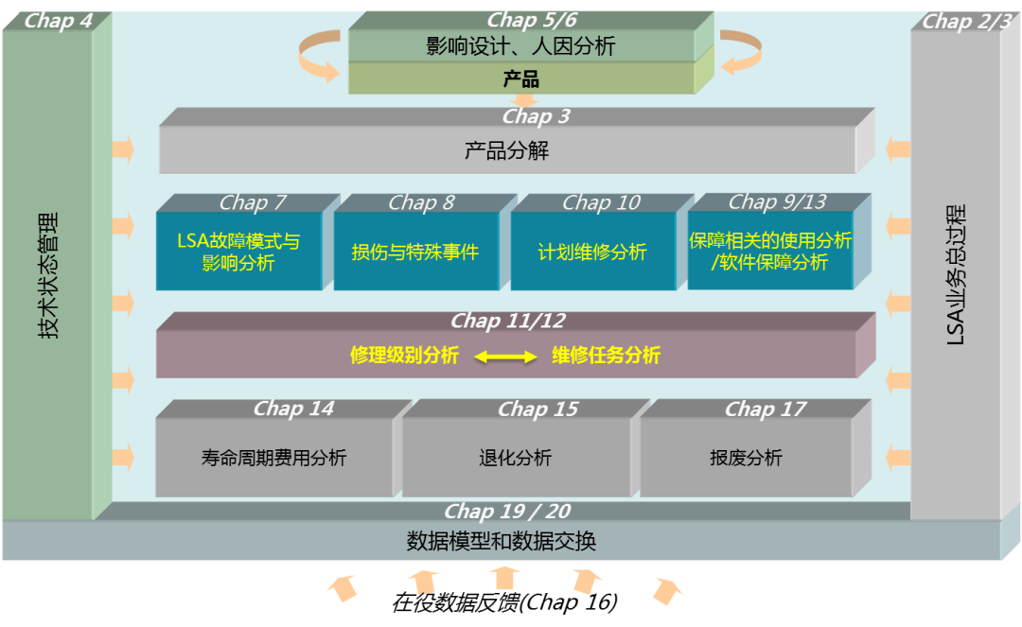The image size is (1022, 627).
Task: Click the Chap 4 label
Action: (x=59, y=21)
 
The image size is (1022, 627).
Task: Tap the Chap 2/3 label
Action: (x=966, y=22)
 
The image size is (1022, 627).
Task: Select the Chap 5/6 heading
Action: (x=532, y=20)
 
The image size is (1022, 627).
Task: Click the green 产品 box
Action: (x=521, y=78)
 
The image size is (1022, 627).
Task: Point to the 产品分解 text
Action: (x=507, y=150)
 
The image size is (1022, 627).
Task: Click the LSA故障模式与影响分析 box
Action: (x=238, y=253)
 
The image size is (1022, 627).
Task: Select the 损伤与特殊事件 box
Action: (x=415, y=253)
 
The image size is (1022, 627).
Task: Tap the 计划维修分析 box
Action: (x=592, y=253)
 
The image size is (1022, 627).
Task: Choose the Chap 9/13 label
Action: (x=777, y=201)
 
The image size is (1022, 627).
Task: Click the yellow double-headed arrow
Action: (x=505, y=357)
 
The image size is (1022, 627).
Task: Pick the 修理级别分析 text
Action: (x=404, y=356)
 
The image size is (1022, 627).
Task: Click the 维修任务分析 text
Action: (x=606, y=356)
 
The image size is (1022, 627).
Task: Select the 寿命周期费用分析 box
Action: (x=274, y=458)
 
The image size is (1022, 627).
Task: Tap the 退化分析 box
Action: (x=516, y=458)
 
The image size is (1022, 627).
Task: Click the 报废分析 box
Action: (x=746, y=458)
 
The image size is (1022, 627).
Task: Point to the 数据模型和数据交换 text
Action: (x=502, y=542)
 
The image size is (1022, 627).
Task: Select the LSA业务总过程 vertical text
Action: (x=956, y=274)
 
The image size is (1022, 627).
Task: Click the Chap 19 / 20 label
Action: (x=507, y=512)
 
